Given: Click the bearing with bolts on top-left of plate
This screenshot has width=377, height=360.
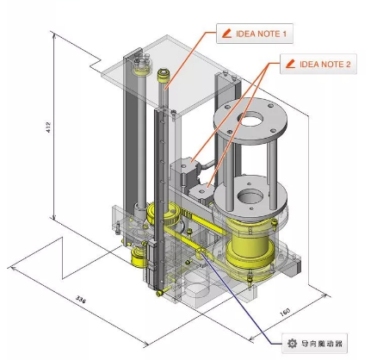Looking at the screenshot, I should point(140,62).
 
